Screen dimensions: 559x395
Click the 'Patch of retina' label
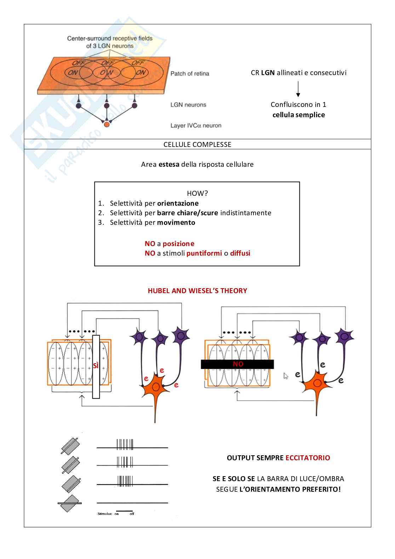pyautogui.click(x=190, y=74)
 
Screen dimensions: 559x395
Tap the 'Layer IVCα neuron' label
pyautogui.click(x=196, y=125)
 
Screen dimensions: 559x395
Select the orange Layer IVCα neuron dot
pyautogui.click(x=107, y=124)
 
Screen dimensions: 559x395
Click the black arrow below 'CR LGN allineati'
pyautogui.click(x=298, y=89)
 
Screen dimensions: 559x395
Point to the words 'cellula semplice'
pyautogui.click(x=298, y=115)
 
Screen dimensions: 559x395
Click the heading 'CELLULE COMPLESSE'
pyautogui.click(x=197, y=144)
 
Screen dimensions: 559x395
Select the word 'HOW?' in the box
pyautogui.click(x=197, y=193)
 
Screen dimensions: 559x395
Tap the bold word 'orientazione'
pyautogui.click(x=178, y=203)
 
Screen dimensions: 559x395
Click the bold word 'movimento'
pyautogui.click(x=176, y=222)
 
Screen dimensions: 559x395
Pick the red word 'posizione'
pyautogui.click(x=178, y=244)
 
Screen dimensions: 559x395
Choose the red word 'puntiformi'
pyautogui.click(x=204, y=253)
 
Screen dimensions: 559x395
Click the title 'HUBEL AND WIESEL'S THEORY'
pyautogui.click(x=197, y=291)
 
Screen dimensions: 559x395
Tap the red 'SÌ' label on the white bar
pyautogui.click(x=96, y=366)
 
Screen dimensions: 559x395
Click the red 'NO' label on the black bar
pyautogui.click(x=238, y=364)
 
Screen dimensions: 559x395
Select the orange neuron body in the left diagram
pyautogui.click(x=155, y=387)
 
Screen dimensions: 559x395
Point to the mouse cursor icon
pyautogui.click(x=286, y=376)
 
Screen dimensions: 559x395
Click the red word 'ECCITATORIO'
pyautogui.click(x=308, y=458)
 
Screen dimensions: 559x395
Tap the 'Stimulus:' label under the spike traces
pyautogui.click(x=105, y=514)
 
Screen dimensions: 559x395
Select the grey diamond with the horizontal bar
pyautogui.click(x=70, y=503)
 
